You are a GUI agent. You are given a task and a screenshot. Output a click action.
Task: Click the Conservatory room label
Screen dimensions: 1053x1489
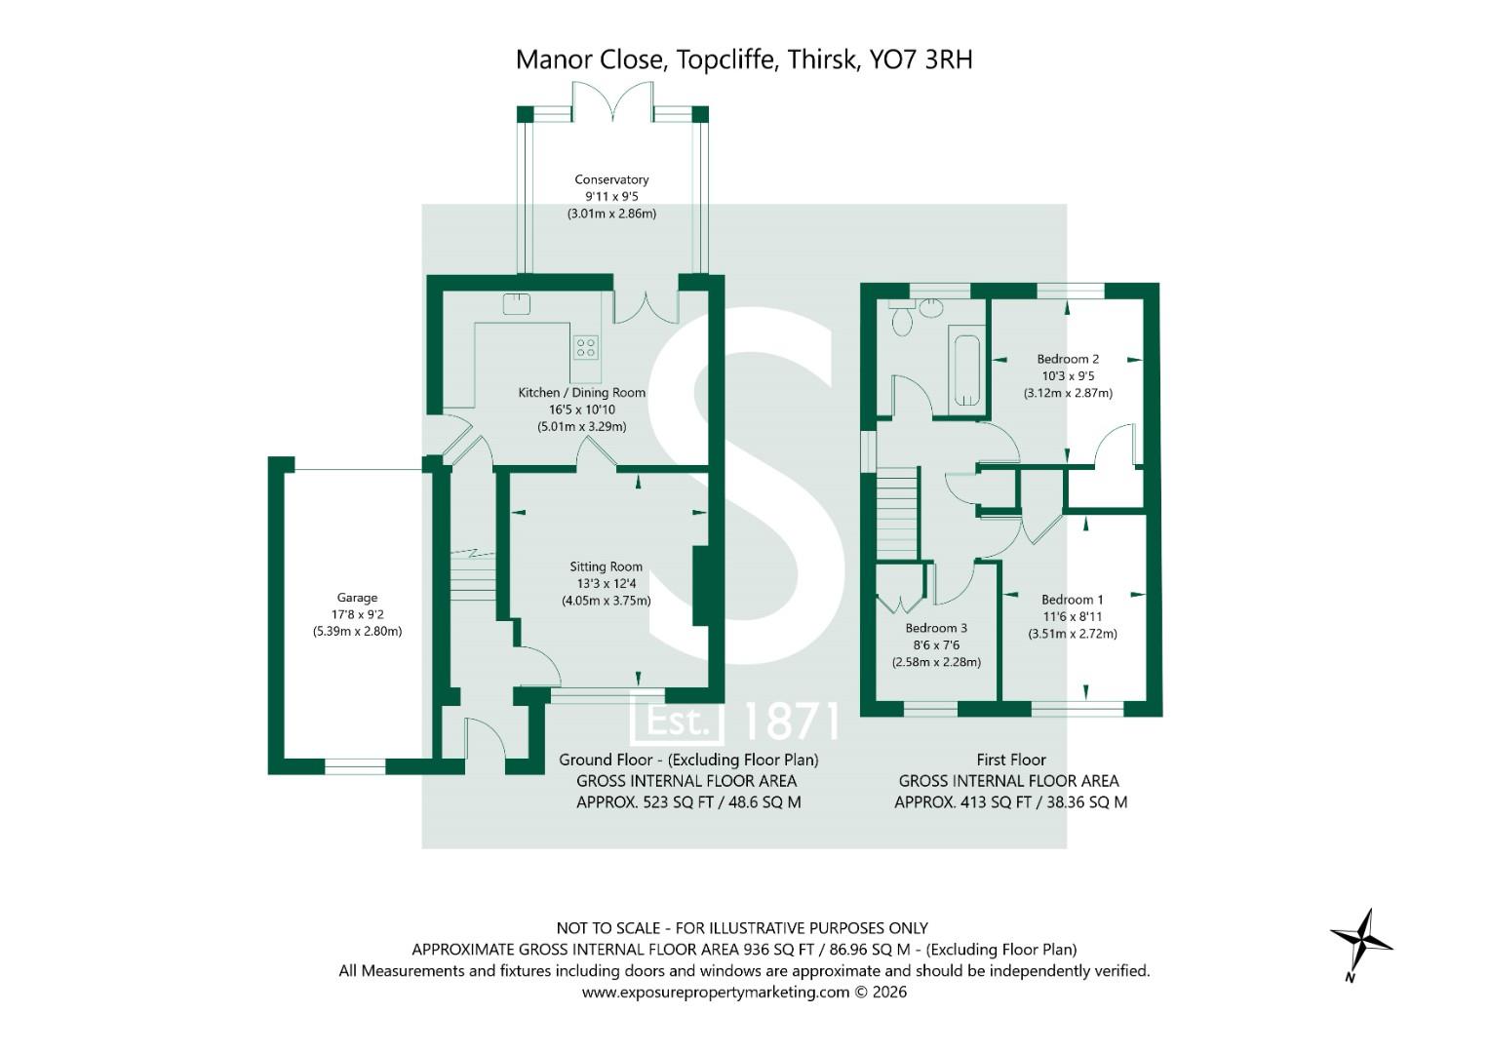tap(611, 179)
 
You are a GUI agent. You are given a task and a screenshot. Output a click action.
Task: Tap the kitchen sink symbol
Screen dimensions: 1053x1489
tap(516, 304)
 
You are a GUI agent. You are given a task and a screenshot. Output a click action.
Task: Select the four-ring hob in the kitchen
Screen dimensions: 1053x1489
tap(586, 347)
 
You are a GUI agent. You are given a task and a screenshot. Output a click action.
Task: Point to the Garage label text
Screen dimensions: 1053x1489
tap(357, 598)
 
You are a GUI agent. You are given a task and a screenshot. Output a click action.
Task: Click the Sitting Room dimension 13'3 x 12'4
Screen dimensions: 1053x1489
tap(606, 583)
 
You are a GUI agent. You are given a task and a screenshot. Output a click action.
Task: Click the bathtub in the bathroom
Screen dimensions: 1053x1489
tap(966, 370)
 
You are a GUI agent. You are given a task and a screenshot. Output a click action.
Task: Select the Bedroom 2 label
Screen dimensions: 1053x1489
tap(1068, 359)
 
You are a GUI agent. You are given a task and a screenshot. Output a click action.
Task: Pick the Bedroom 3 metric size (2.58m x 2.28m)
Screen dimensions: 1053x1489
tap(936, 662)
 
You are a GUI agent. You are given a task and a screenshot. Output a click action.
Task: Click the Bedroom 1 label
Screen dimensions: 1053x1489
tap(1073, 600)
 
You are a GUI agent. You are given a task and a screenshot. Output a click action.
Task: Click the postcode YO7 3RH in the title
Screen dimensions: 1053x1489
tap(921, 59)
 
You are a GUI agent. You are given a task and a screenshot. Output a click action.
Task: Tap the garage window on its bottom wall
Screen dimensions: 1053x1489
tap(355, 767)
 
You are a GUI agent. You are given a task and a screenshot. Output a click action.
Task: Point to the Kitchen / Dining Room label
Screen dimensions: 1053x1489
tap(581, 392)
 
